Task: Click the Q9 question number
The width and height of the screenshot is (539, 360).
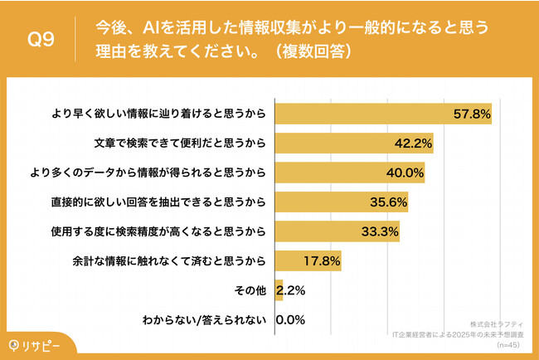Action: (41, 40)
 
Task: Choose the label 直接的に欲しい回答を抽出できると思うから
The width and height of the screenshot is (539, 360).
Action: (160, 202)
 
